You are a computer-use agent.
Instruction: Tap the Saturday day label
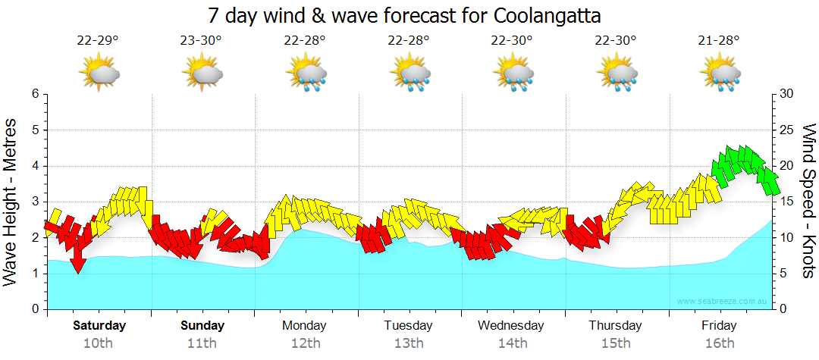tap(99, 326)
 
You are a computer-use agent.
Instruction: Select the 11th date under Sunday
tap(202, 343)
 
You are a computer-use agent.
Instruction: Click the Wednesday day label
tap(511, 326)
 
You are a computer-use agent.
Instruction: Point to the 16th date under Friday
tap(719, 343)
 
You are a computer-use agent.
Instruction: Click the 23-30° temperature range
tap(201, 41)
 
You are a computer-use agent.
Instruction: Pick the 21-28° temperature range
tap(719, 41)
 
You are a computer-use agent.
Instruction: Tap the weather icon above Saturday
tap(99, 74)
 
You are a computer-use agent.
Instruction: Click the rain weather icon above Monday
tap(306, 74)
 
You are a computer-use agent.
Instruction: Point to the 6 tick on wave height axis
tap(35, 94)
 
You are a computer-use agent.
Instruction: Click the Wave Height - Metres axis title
tap(12, 201)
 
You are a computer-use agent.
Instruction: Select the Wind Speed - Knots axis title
tap(808, 201)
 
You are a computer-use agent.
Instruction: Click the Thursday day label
tap(615, 326)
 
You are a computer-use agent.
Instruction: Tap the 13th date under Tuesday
tap(409, 343)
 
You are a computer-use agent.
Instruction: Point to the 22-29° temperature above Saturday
tap(98, 41)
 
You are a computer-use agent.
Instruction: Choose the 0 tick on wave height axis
tap(35, 309)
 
